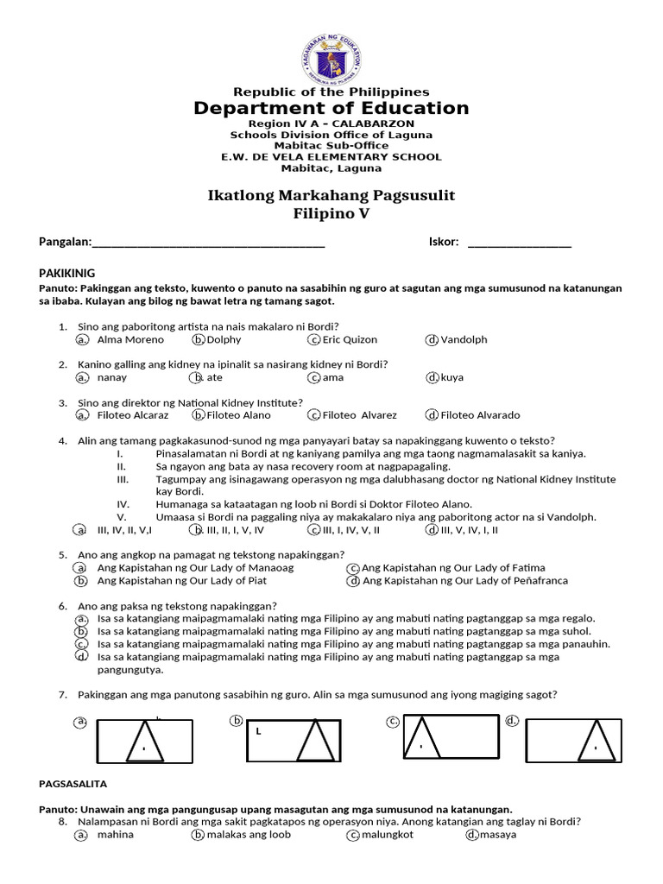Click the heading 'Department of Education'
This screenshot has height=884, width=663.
click(331, 108)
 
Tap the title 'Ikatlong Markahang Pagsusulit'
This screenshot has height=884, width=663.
click(331, 195)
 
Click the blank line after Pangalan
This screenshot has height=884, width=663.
click(208, 243)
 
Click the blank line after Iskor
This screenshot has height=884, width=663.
click(519, 243)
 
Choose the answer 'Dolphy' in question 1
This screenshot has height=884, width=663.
click(224, 339)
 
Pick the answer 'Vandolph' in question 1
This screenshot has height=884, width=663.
click(464, 339)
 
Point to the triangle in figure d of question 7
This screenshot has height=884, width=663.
click(597, 742)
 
